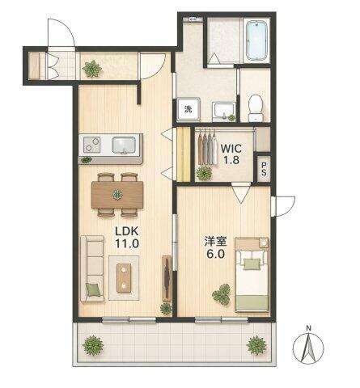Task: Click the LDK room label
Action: [127, 231]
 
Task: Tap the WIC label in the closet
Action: [231, 148]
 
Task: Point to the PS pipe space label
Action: [264, 168]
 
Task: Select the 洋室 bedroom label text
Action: [215, 242]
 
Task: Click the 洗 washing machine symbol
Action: [188, 109]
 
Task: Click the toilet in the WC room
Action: [255, 108]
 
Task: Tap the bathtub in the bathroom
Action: [256, 40]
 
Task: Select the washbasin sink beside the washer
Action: [224, 111]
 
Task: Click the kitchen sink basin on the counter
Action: [124, 145]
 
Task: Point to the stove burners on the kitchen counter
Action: [91, 145]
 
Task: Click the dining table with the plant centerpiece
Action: [117, 195]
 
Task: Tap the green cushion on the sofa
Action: [93, 289]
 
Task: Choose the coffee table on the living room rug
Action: [124, 278]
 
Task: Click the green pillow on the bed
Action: [252, 264]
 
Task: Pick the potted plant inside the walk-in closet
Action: [204, 173]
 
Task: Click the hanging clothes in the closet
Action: [208, 147]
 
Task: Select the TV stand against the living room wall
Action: [167, 278]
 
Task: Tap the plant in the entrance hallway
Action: [92, 69]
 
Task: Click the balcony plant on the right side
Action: [256, 345]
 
